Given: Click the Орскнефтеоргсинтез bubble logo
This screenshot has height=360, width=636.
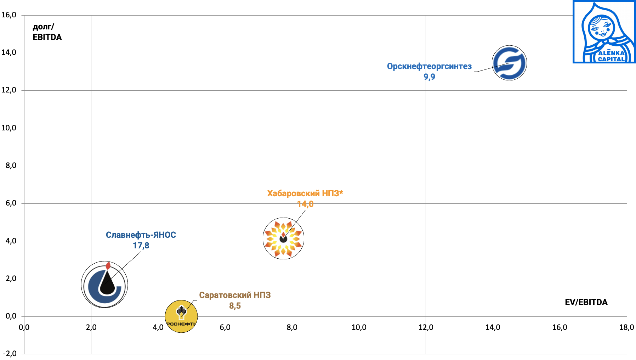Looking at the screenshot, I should coord(509,63).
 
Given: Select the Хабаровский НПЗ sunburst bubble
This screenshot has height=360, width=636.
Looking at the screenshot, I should coord(283,238).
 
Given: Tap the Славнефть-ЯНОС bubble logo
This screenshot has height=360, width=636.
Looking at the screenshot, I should coord(104,285).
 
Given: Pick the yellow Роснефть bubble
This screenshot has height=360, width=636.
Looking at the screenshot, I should coord(181,316).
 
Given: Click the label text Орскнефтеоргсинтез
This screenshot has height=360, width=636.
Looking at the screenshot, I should coord(429,66).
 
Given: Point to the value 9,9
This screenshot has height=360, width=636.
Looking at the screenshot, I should coord(429,77).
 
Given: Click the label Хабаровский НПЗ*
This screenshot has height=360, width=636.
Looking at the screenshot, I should coord(305,193).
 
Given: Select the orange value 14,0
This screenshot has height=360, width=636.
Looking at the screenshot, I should coord(305,204).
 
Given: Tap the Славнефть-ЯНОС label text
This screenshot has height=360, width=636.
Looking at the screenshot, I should coord(141,235).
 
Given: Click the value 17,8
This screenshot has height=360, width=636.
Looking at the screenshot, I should coord(141,246).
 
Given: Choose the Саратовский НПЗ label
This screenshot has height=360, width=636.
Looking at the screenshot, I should coord(235,295).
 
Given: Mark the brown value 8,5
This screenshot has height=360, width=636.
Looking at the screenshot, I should coord(235,306).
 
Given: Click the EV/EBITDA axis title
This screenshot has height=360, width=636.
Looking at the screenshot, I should coord(586,302).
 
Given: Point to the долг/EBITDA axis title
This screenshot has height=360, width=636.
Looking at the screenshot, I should coord(47,32).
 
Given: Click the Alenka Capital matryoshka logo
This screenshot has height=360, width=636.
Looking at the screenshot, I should coord(604,32).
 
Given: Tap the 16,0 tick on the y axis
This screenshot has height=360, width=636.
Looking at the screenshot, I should coord(9,15).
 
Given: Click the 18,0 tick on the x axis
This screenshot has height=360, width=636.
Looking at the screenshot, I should coord(626,327).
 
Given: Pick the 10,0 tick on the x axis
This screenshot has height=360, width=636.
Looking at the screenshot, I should coord(359,327).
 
